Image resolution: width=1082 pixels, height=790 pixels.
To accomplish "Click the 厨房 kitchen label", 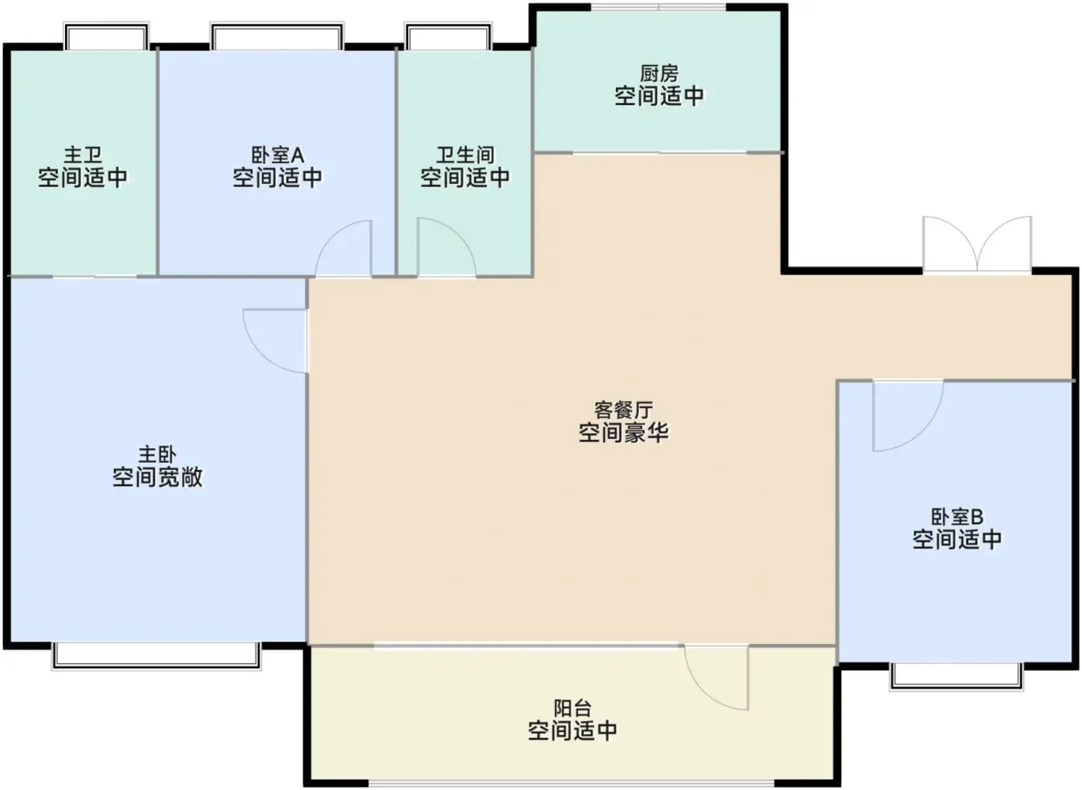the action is pos(658,74).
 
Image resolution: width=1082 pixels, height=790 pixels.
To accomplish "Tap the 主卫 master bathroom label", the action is pos(83,155).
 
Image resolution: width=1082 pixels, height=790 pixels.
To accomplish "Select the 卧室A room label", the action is pos(277,155).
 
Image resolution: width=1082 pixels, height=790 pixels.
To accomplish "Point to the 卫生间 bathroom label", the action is pos(464,155).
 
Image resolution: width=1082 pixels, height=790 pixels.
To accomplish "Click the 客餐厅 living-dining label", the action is pos(624,410).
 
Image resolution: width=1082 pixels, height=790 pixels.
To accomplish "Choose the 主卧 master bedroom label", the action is pos(158,455).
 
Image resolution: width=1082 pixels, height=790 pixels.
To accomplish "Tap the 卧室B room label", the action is pos(957,517).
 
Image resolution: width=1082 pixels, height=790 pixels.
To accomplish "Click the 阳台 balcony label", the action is pos(573,708).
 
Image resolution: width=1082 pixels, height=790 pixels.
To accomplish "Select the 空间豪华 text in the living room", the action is pos(624,432).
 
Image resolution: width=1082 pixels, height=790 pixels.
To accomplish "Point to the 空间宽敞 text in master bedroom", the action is pos(158,477).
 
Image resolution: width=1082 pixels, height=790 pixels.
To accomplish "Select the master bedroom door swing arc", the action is pos(261,355).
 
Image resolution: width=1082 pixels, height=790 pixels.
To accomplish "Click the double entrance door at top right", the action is pos(977,244).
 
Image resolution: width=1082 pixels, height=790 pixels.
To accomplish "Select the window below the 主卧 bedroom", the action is pos(156,656).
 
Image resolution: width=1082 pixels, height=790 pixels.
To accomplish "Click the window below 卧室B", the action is pos(957,676).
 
